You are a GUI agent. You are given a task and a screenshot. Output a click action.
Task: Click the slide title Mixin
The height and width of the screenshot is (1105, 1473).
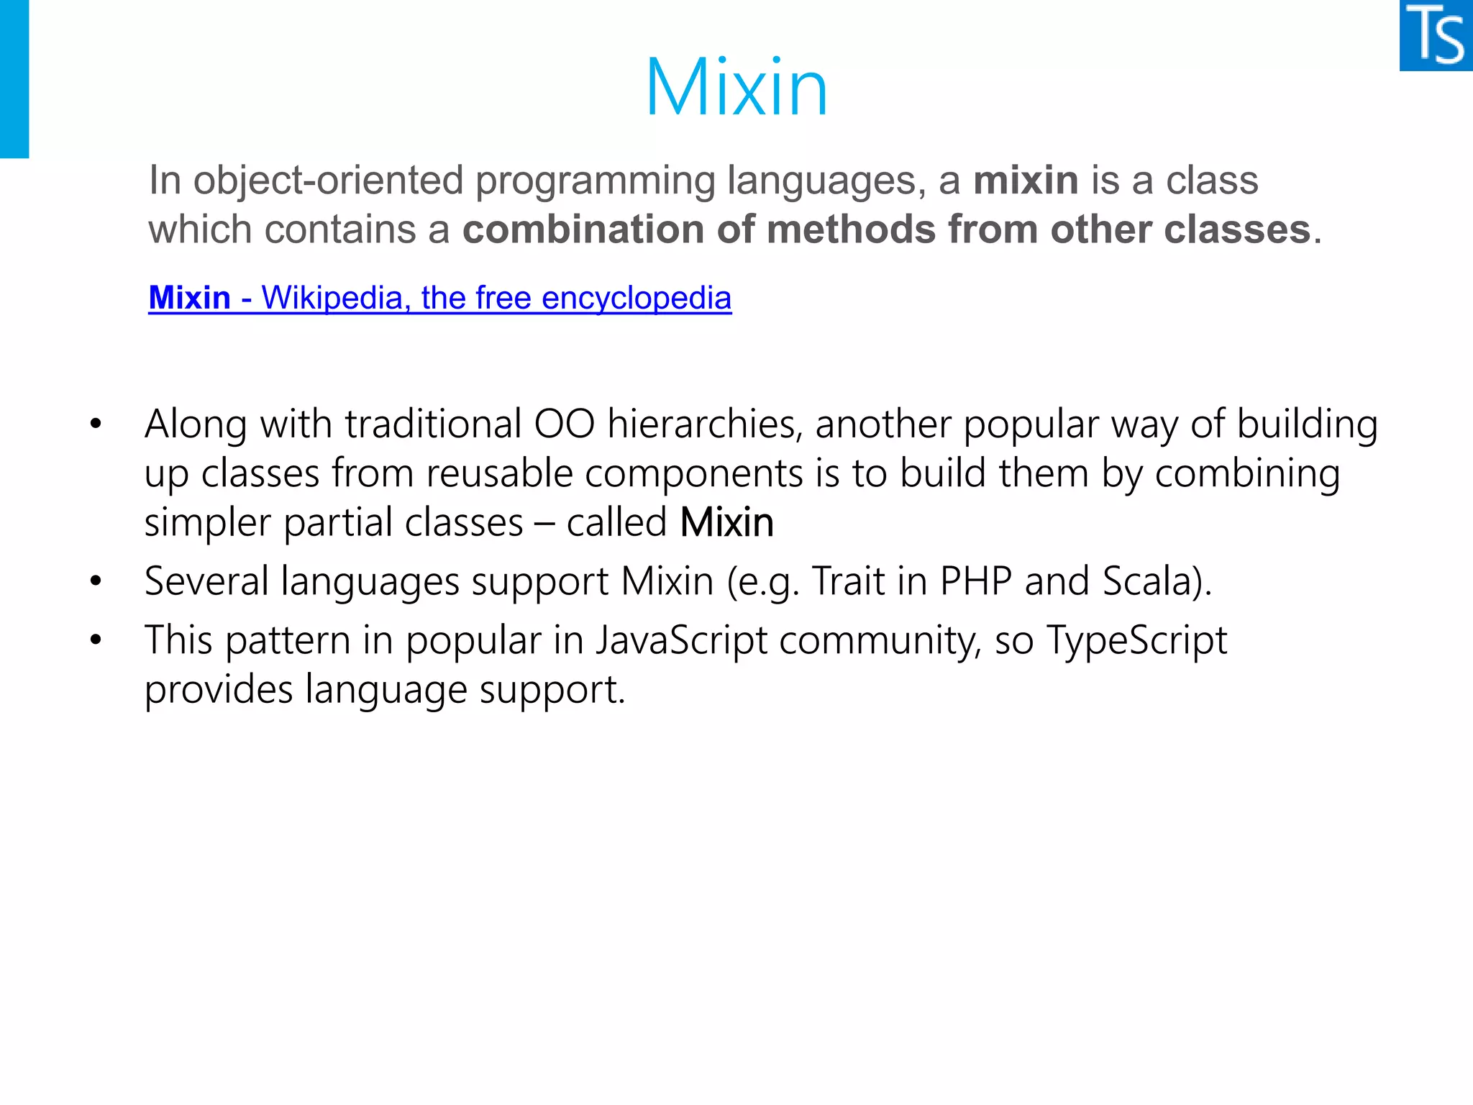(736, 88)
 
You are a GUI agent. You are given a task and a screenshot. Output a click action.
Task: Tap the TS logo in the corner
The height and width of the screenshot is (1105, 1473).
(1436, 35)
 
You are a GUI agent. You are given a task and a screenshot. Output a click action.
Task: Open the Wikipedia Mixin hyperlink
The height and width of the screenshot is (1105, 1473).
(439, 298)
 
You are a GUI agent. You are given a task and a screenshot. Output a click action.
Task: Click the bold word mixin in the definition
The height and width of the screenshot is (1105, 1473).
(1026, 180)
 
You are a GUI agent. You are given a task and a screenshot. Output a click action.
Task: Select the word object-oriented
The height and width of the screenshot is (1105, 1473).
(328, 180)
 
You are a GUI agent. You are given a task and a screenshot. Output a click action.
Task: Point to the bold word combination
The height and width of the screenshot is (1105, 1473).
(583, 229)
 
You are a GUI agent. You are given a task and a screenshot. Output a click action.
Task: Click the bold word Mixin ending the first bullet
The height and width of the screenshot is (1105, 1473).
(726, 522)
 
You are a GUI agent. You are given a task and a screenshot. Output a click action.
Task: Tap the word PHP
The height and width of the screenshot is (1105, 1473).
(976, 581)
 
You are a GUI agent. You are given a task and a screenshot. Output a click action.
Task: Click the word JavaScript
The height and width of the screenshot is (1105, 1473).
(680, 640)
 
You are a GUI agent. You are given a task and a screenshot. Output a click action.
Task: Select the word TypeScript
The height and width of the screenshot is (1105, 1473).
(1136, 640)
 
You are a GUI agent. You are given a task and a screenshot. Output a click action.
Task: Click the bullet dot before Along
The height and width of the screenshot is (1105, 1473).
(96, 424)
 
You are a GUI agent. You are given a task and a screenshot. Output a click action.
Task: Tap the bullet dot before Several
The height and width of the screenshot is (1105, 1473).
(96, 581)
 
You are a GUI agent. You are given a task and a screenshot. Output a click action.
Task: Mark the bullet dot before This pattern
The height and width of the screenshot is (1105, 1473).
(96, 640)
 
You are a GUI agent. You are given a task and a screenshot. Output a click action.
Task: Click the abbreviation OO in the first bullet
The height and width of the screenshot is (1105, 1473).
(564, 424)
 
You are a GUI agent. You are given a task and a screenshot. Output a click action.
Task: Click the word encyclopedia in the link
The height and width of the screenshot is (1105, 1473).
(637, 298)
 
